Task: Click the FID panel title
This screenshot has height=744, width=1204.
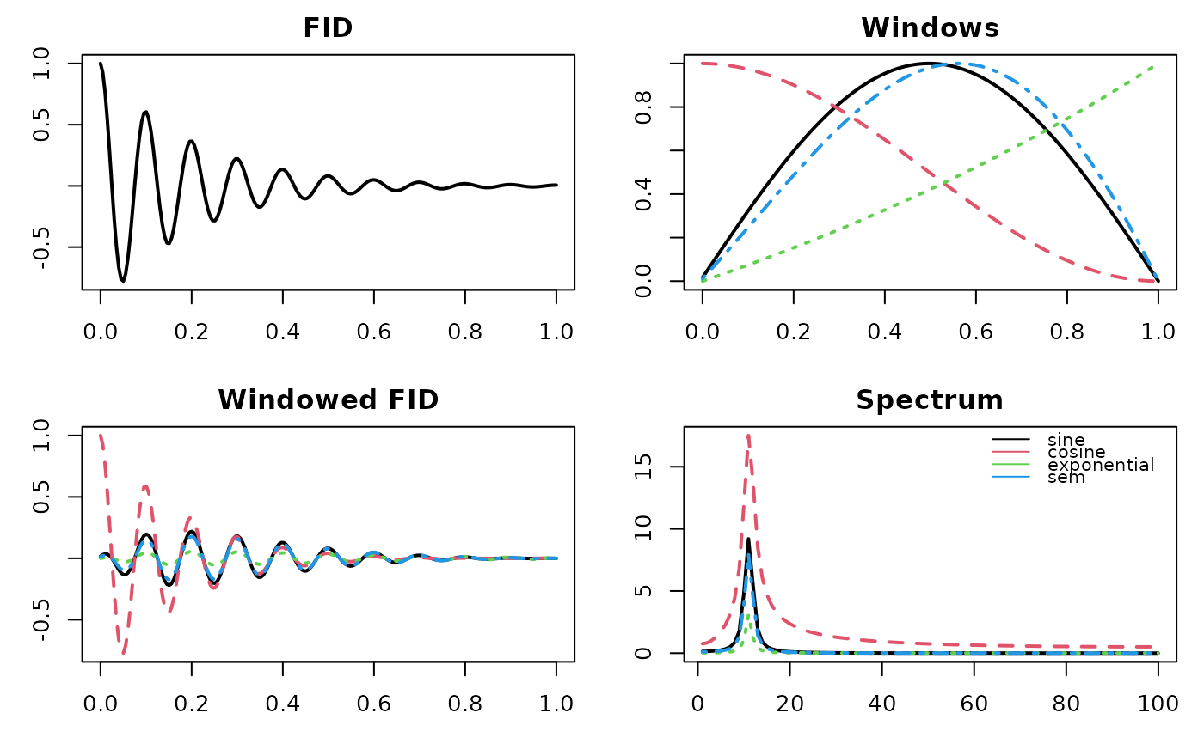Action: pyautogui.click(x=328, y=28)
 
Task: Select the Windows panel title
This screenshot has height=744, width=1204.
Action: pyautogui.click(x=930, y=28)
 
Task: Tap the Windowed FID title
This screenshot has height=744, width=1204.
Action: pyautogui.click(x=328, y=399)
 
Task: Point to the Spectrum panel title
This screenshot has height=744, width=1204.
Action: pyautogui.click(x=930, y=399)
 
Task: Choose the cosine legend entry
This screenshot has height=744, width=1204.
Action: pyautogui.click(x=1071, y=452)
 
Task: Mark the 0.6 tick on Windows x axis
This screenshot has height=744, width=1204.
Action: pyautogui.click(x=975, y=332)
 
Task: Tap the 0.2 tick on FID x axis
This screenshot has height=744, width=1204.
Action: pyautogui.click(x=191, y=332)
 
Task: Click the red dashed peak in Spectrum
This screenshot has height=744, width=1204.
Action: pyautogui.click(x=748, y=435)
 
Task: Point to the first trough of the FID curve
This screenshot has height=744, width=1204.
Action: pyautogui.click(x=123, y=281)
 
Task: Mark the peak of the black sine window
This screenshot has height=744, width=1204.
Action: pyautogui.click(x=930, y=64)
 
